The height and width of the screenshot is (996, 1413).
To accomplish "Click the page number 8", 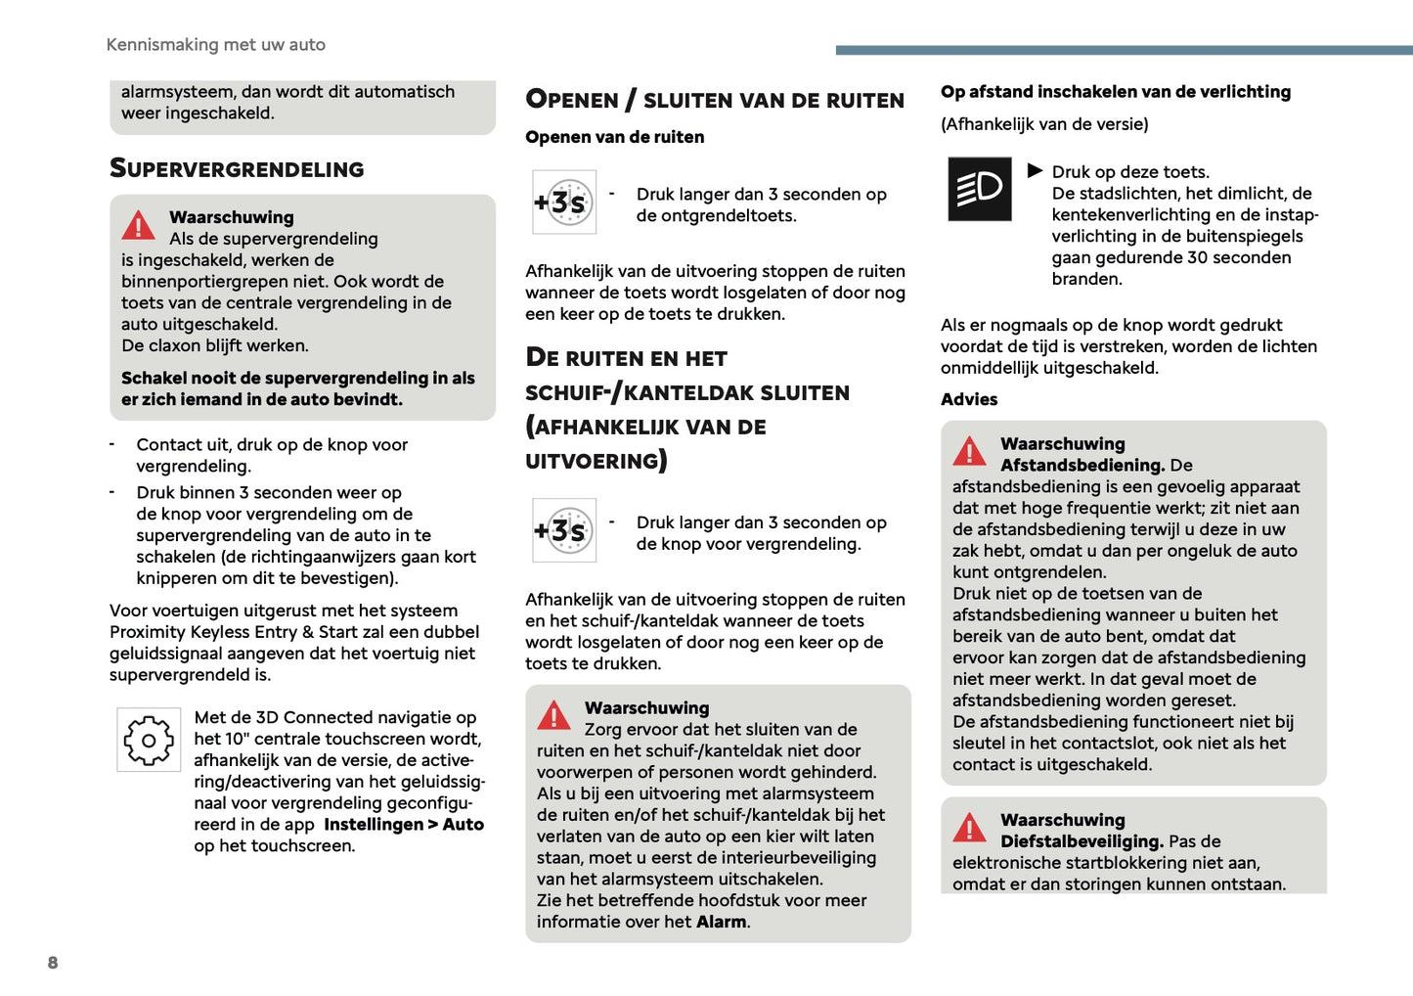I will [53, 963].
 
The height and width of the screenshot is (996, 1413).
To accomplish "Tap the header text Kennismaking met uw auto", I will [215, 45].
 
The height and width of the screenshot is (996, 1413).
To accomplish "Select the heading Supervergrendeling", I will [237, 169].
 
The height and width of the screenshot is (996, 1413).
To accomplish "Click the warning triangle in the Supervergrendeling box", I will [139, 226].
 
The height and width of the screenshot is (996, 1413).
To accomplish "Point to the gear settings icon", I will [149, 740].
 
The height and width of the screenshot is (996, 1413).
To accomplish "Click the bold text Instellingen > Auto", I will [404, 825].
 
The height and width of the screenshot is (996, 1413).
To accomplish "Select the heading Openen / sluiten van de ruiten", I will [714, 100].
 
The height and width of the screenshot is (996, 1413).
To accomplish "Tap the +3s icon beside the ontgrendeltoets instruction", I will [564, 203].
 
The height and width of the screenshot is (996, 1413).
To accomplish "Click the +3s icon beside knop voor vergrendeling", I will [564, 530].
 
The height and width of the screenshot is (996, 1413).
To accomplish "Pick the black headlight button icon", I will [980, 189].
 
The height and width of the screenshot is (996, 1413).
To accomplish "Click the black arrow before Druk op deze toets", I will [1035, 171].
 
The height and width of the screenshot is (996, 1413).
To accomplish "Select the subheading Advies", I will [969, 399].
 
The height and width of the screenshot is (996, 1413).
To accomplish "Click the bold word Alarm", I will [721, 922].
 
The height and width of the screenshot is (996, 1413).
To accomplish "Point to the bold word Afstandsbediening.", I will [1082, 466].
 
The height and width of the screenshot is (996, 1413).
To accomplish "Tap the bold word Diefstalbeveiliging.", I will [1082, 841].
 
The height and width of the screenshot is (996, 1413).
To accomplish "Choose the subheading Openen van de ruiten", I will [614, 137].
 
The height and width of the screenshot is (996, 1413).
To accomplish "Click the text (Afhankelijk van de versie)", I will [1044, 124].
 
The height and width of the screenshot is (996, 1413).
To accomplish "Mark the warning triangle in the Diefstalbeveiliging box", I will [970, 829].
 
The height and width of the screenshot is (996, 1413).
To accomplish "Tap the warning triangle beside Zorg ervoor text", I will [554, 716].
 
